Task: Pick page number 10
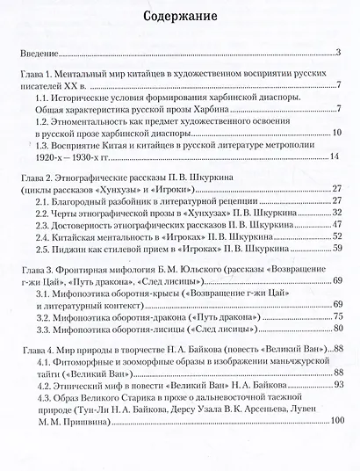pos(336,133)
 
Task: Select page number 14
pos(334,157)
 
